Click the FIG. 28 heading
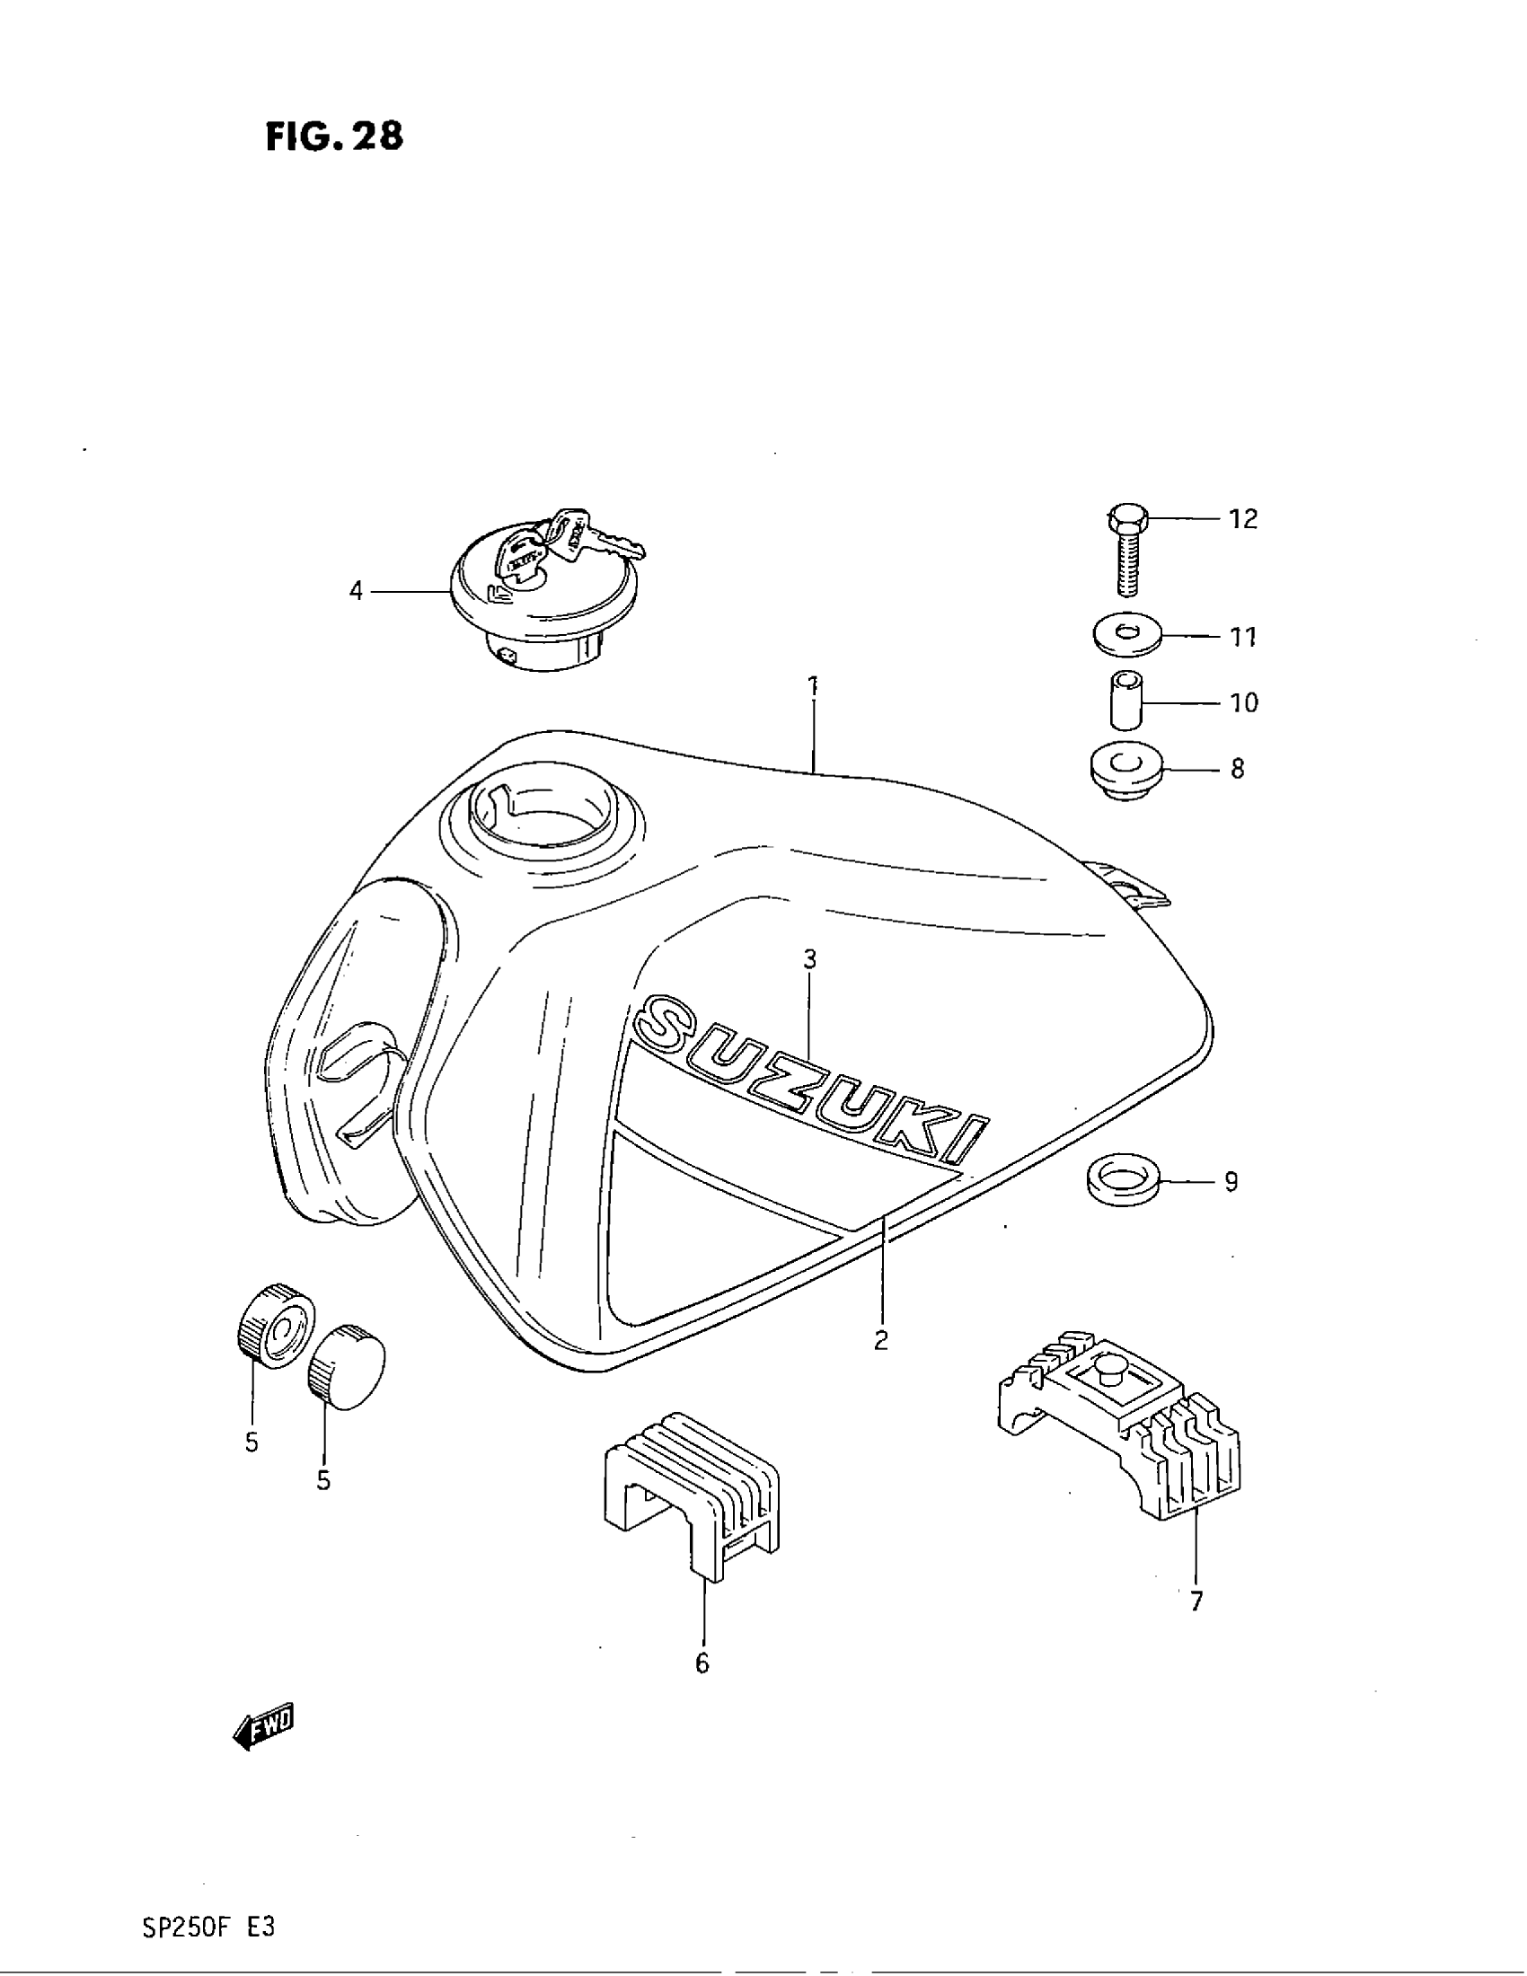(335, 136)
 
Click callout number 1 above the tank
(813, 685)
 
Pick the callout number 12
(1243, 519)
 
